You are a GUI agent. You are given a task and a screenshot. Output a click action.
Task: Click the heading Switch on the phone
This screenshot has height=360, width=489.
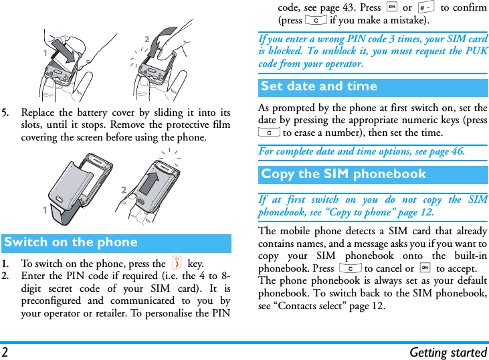[x=71, y=243]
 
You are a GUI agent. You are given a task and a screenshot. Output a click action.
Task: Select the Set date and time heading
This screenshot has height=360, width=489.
[x=319, y=87]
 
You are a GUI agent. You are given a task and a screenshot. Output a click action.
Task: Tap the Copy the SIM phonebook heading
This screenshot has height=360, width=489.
[x=343, y=175]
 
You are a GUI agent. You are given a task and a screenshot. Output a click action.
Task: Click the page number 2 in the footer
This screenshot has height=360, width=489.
[x=5, y=352]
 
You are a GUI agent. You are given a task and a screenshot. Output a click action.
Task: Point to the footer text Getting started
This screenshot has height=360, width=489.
[x=448, y=352]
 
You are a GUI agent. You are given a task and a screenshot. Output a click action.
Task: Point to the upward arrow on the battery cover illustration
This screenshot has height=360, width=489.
[x=153, y=183]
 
